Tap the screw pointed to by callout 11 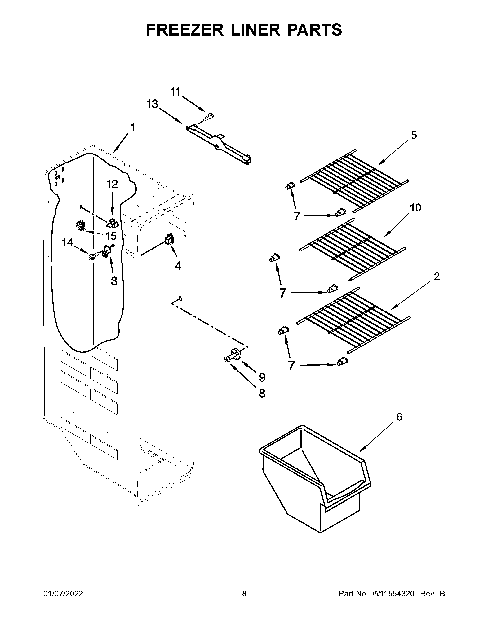[208, 117]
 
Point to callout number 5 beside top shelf [414, 135]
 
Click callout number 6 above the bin [399, 417]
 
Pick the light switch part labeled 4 [169, 240]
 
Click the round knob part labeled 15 [81, 225]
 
